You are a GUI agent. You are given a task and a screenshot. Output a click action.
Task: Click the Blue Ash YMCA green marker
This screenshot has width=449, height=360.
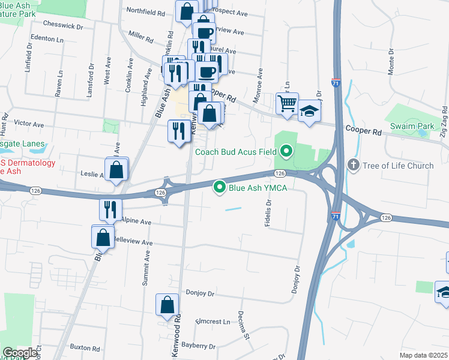220,188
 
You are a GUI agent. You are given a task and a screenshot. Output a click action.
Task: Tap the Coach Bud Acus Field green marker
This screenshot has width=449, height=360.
286,151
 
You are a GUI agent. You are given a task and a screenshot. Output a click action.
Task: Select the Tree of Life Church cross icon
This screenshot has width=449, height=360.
354,164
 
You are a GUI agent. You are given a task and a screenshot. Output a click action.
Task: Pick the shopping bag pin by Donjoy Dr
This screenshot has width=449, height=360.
167,305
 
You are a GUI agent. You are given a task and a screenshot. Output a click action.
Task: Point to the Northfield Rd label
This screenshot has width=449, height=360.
146,10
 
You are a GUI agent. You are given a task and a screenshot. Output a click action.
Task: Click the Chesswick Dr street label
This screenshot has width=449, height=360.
63,24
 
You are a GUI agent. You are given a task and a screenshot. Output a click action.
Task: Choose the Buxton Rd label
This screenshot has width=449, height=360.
84,347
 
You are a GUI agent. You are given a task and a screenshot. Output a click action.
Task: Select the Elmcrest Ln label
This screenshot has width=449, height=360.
213,322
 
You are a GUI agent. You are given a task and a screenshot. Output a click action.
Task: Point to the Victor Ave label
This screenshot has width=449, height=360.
29,124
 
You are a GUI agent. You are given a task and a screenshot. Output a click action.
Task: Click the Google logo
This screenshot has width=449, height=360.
20,353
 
